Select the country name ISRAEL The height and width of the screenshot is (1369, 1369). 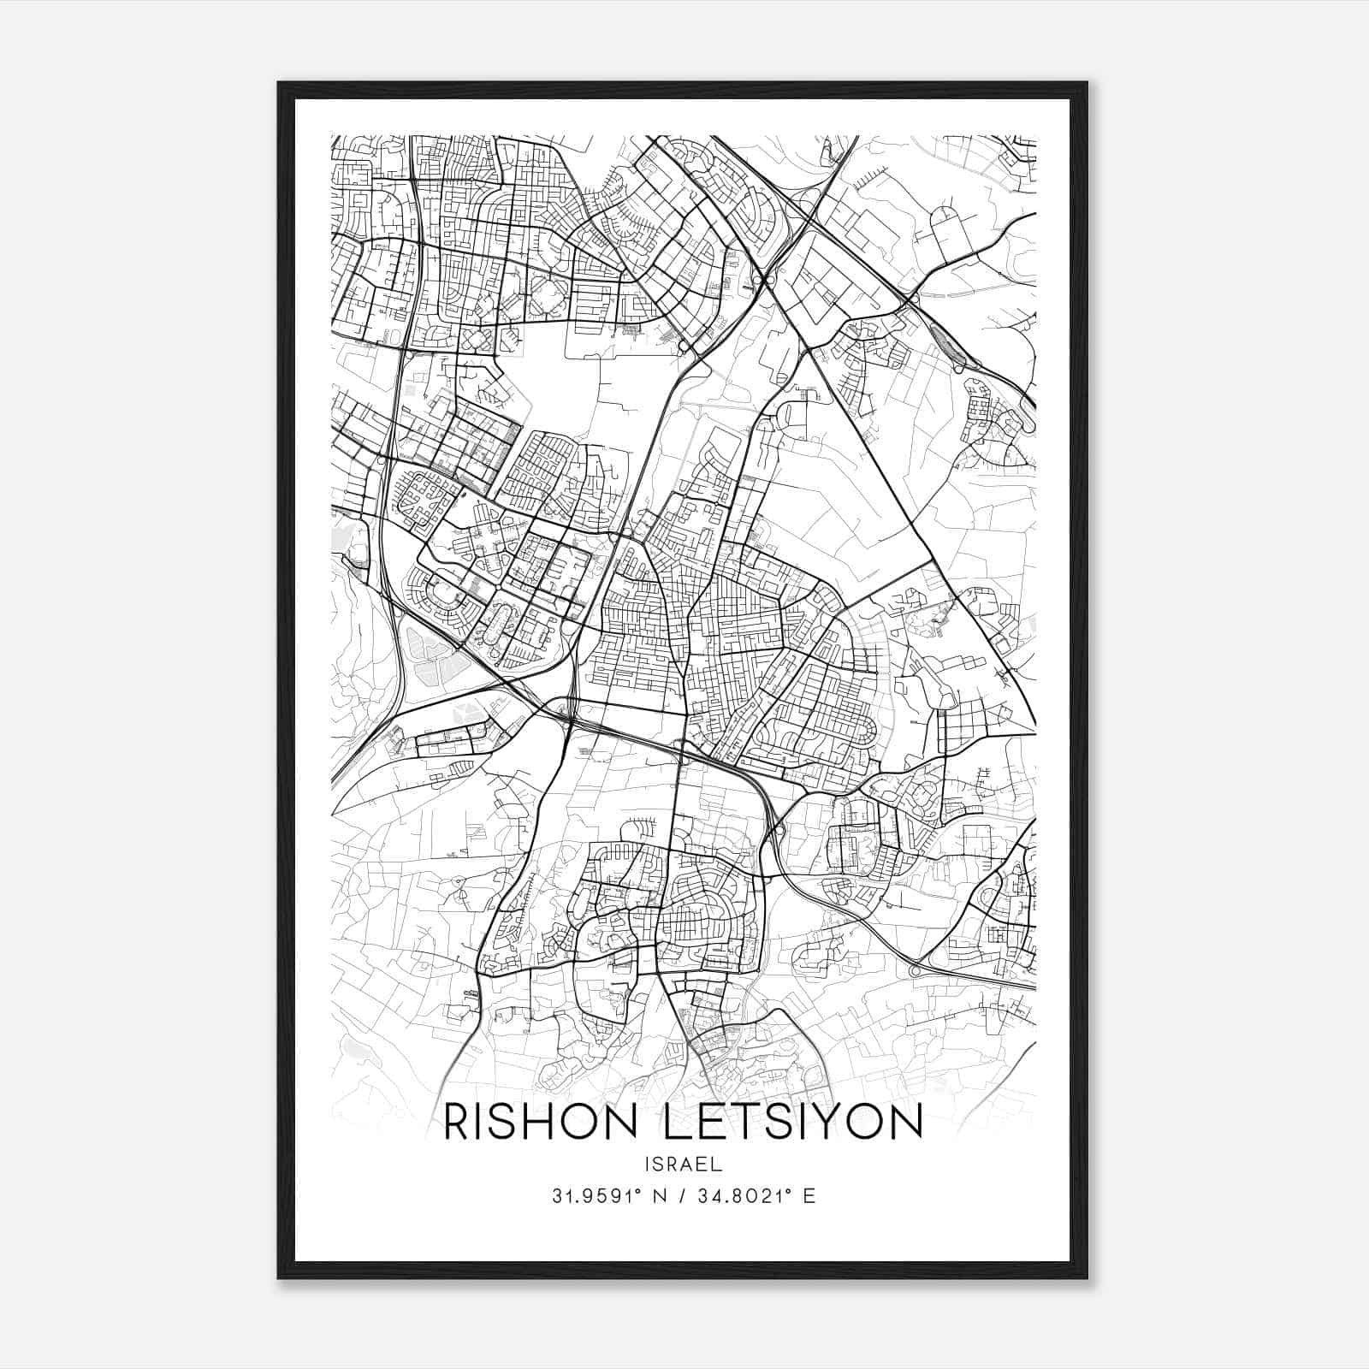(x=684, y=1165)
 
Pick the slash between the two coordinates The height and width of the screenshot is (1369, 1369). (x=678, y=1196)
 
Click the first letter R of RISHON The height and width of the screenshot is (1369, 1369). (x=458, y=1122)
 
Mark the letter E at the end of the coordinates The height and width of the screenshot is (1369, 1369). (x=809, y=1196)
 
